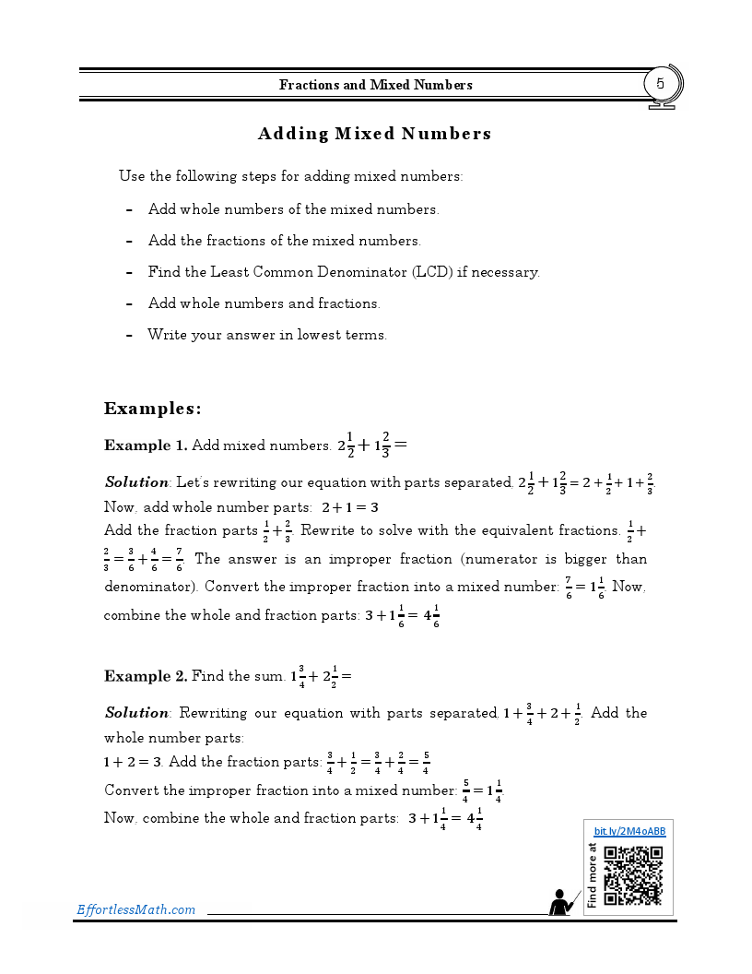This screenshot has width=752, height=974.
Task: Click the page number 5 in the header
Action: (x=660, y=84)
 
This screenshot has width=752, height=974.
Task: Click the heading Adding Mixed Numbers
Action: (x=374, y=134)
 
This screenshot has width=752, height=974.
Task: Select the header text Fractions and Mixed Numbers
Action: (x=375, y=85)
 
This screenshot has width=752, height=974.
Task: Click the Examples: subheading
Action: (x=152, y=409)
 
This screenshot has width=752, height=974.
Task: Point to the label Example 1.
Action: (x=146, y=445)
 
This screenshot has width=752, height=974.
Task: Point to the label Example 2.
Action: (x=146, y=676)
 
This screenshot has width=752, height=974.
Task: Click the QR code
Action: (x=633, y=875)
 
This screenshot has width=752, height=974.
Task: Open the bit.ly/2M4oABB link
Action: (x=629, y=831)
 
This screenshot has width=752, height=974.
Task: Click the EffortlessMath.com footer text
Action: (x=135, y=910)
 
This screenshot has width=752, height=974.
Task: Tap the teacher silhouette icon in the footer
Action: (x=560, y=902)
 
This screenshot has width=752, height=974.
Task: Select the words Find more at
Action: (x=592, y=875)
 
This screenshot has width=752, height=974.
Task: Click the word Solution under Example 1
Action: (x=136, y=482)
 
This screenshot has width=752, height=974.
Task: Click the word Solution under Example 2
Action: (x=136, y=713)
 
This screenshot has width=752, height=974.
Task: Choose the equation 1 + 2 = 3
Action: (x=133, y=762)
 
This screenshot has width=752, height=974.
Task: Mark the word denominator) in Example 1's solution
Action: (x=150, y=587)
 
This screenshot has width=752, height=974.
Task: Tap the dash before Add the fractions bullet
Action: (x=130, y=241)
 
